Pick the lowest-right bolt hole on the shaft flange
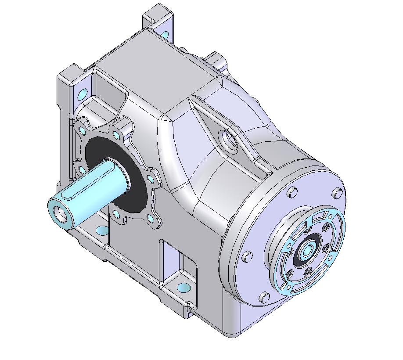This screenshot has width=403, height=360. click(151, 218)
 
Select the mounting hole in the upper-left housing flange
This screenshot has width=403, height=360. click(82, 94)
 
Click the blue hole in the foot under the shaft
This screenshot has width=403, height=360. click(102, 230)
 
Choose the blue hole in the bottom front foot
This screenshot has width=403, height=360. click(184, 288)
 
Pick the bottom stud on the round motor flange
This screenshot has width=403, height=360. click(263, 297)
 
